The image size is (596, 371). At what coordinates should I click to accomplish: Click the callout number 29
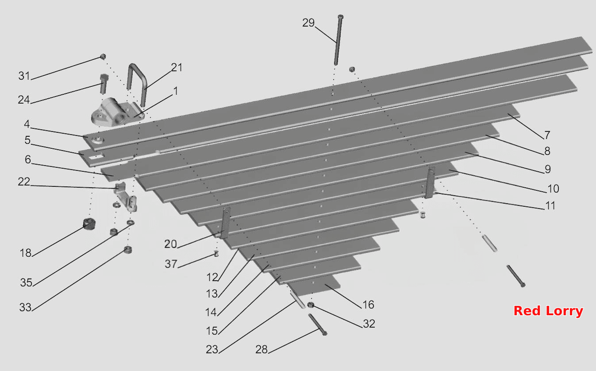point(308,23)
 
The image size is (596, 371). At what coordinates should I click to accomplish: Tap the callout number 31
point(24,76)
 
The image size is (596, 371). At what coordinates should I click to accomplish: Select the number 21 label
point(177,67)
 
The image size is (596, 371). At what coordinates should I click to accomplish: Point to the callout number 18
point(26,253)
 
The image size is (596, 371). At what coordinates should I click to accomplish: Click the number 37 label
point(171,264)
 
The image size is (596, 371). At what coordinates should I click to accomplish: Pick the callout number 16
point(369,305)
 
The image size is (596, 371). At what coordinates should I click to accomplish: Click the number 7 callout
point(547,135)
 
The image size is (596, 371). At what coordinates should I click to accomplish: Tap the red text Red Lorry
point(548,311)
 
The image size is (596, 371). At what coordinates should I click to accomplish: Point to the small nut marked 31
point(103,56)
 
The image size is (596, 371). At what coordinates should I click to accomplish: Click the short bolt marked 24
point(103,84)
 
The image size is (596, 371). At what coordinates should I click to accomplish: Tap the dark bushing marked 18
point(89,224)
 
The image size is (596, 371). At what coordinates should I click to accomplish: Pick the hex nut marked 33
point(128,250)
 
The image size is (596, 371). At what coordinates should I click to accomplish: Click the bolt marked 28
point(317,325)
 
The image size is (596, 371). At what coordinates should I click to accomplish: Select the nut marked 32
point(310,305)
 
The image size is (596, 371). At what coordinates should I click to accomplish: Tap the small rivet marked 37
point(216,254)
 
